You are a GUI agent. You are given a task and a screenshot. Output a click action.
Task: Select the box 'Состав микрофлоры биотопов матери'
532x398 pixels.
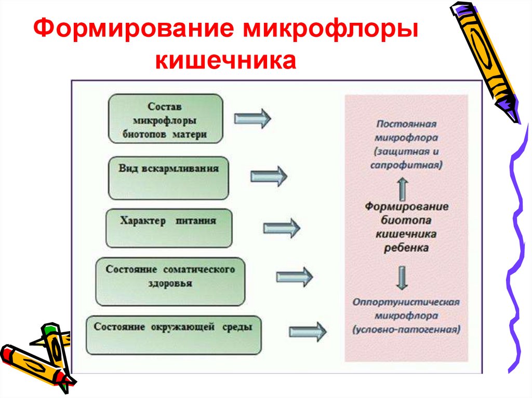pos(165,119)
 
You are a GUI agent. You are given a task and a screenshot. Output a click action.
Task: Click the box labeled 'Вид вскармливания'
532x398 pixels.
pos(168,177)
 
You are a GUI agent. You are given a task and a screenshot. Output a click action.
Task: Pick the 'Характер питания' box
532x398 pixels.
pos(168,228)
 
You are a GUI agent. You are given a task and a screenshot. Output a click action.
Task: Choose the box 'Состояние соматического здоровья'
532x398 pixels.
pos(170,281)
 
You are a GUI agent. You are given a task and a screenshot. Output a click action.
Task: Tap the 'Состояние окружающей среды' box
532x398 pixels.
pos(173,335)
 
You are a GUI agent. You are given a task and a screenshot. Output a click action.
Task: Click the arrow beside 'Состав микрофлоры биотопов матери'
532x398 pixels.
pos(252,119)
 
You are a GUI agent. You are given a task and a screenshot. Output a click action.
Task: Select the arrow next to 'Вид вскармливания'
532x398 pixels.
pos(269,176)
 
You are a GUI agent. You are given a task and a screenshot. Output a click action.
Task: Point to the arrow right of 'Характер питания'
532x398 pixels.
pos(282,228)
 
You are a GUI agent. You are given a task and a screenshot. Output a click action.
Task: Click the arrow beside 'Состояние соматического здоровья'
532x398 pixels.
pos(294,277)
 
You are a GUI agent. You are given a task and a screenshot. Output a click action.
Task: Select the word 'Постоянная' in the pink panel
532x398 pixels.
pos(406,125)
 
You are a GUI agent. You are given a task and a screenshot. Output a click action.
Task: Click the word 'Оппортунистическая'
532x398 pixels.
pos(406,302)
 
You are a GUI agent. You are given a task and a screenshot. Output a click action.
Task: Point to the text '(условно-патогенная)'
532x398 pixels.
pos(406,329)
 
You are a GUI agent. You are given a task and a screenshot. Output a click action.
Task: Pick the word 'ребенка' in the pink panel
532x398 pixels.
pos(406,248)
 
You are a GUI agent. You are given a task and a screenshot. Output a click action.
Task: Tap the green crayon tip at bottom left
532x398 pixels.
pos(48,330)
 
